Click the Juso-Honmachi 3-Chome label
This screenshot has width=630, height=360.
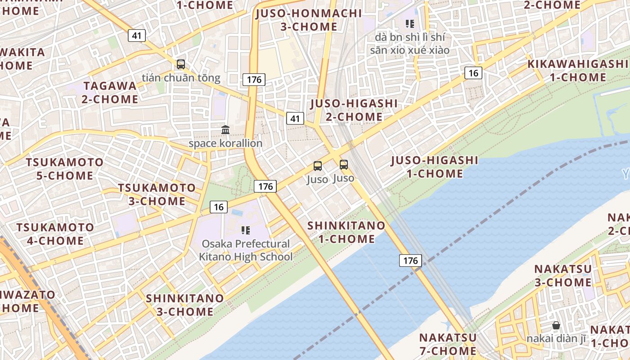tap(309, 20)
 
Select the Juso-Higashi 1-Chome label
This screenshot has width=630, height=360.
tap(434, 166)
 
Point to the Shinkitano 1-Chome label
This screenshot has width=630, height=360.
tap(346, 232)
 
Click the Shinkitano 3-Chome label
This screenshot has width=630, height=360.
tap(185, 305)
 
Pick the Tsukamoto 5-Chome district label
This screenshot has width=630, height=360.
tap(65, 168)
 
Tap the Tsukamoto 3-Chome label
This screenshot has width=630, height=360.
tap(157, 194)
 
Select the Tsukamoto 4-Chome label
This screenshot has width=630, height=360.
tap(55, 234)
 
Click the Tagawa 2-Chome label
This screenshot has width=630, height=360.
tap(110, 92)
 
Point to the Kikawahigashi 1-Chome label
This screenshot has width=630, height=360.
tap(578, 70)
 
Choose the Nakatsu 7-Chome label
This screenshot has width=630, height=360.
tap(448, 344)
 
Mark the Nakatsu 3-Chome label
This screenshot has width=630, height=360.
tap(562, 275)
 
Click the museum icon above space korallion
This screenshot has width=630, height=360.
tap(225, 130)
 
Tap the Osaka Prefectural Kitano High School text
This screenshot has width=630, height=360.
tap(246, 250)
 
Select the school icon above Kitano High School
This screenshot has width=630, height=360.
tap(245, 230)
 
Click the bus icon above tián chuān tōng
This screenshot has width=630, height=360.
tap(181, 64)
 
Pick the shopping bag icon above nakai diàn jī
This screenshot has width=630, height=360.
tap(556, 325)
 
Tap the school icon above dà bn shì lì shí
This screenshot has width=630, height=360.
tap(409, 23)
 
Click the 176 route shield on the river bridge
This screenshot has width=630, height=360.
tap(410, 260)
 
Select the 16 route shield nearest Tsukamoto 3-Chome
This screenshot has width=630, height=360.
tap(218, 207)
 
